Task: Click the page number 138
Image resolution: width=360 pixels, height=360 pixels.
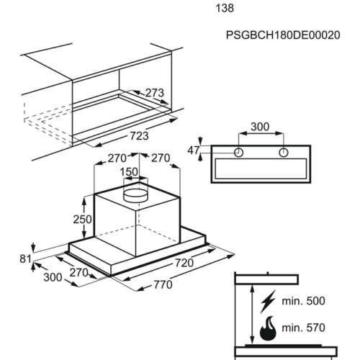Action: (x=225, y=8)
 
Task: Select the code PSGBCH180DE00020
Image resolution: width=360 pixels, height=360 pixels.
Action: (x=283, y=35)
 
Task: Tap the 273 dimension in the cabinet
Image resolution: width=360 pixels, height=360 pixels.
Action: (x=155, y=93)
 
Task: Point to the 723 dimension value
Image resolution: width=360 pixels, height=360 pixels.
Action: (x=139, y=136)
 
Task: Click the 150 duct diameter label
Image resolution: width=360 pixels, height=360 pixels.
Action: (x=129, y=172)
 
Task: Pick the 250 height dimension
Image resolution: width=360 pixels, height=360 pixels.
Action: (x=82, y=220)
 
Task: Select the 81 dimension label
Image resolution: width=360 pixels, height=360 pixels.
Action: (x=25, y=259)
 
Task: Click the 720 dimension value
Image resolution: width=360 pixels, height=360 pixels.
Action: (x=184, y=263)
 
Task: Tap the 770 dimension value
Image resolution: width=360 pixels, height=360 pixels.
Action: (x=163, y=284)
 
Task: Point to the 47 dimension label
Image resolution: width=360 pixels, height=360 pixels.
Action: (x=194, y=150)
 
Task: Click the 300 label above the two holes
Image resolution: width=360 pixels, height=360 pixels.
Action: (x=260, y=127)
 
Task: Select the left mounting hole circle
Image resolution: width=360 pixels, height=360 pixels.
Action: (x=238, y=152)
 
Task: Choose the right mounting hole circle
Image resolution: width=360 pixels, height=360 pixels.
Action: (x=284, y=152)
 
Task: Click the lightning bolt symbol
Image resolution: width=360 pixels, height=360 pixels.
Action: (x=268, y=301)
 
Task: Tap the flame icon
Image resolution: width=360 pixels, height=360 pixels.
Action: (x=268, y=328)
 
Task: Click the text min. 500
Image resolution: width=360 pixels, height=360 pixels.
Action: (x=303, y=301)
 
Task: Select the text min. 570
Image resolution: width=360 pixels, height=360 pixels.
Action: (x=303, y=328)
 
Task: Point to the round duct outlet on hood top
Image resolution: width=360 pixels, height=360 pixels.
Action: (x=135, y=195)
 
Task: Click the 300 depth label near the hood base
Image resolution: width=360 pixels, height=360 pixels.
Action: (x=53, y=277)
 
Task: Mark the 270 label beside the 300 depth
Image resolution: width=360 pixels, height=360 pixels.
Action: (x=79, y=273)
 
